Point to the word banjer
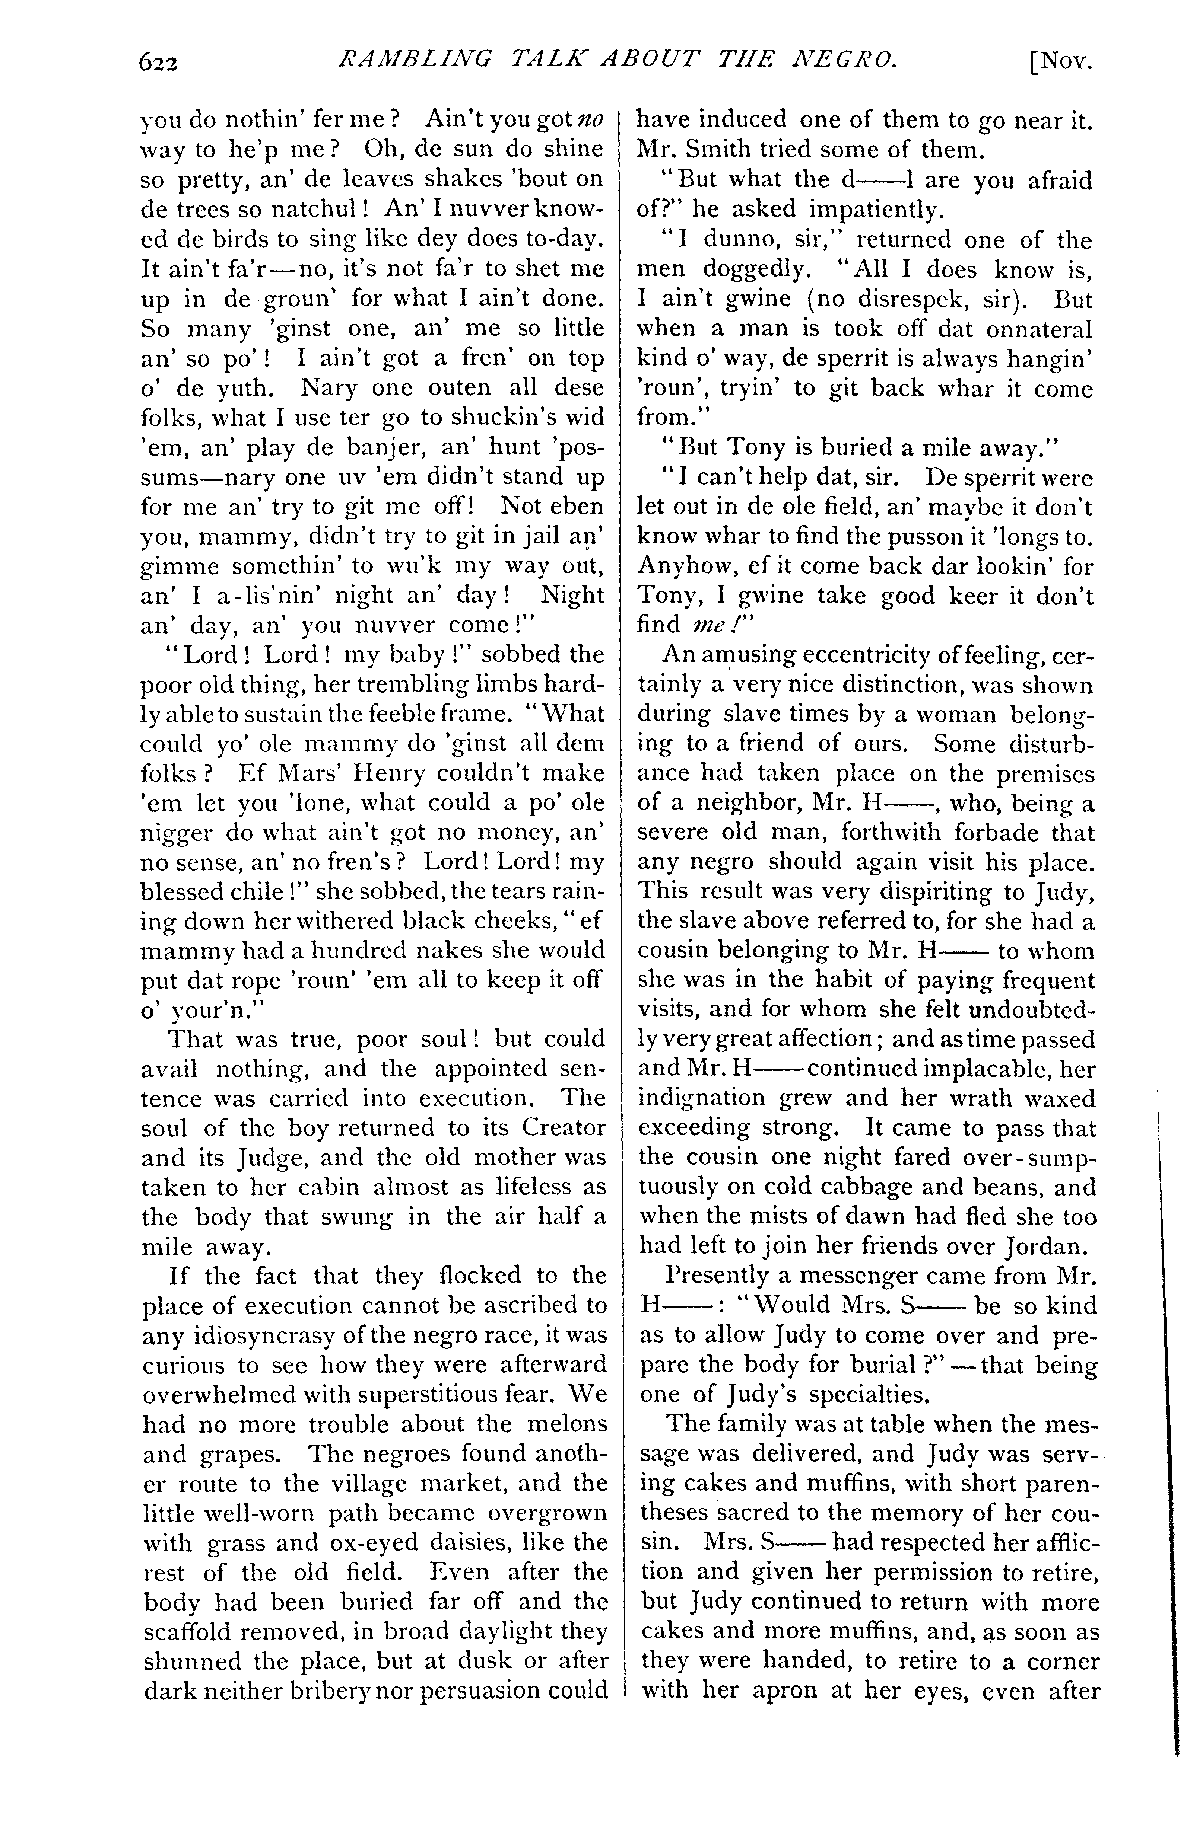[427, 447]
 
